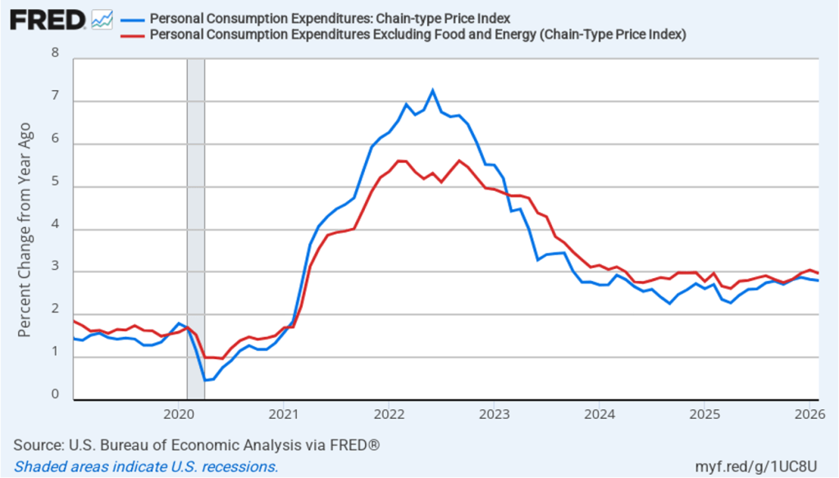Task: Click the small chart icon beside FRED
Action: point(103,19)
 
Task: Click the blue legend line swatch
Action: point(130,19)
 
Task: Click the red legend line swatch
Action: point(130,34)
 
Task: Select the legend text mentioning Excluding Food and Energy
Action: point(418,34)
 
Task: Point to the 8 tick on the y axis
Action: point(56,53)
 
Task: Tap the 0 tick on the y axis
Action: point(56,394)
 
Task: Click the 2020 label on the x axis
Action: point(179,412)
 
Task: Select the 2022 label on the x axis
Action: point(389,412)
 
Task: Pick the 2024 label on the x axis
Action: point(599,412)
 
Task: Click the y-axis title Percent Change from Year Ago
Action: point(25,230)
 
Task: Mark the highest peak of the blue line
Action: point(432,90)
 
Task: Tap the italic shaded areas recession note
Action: point(146,467)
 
